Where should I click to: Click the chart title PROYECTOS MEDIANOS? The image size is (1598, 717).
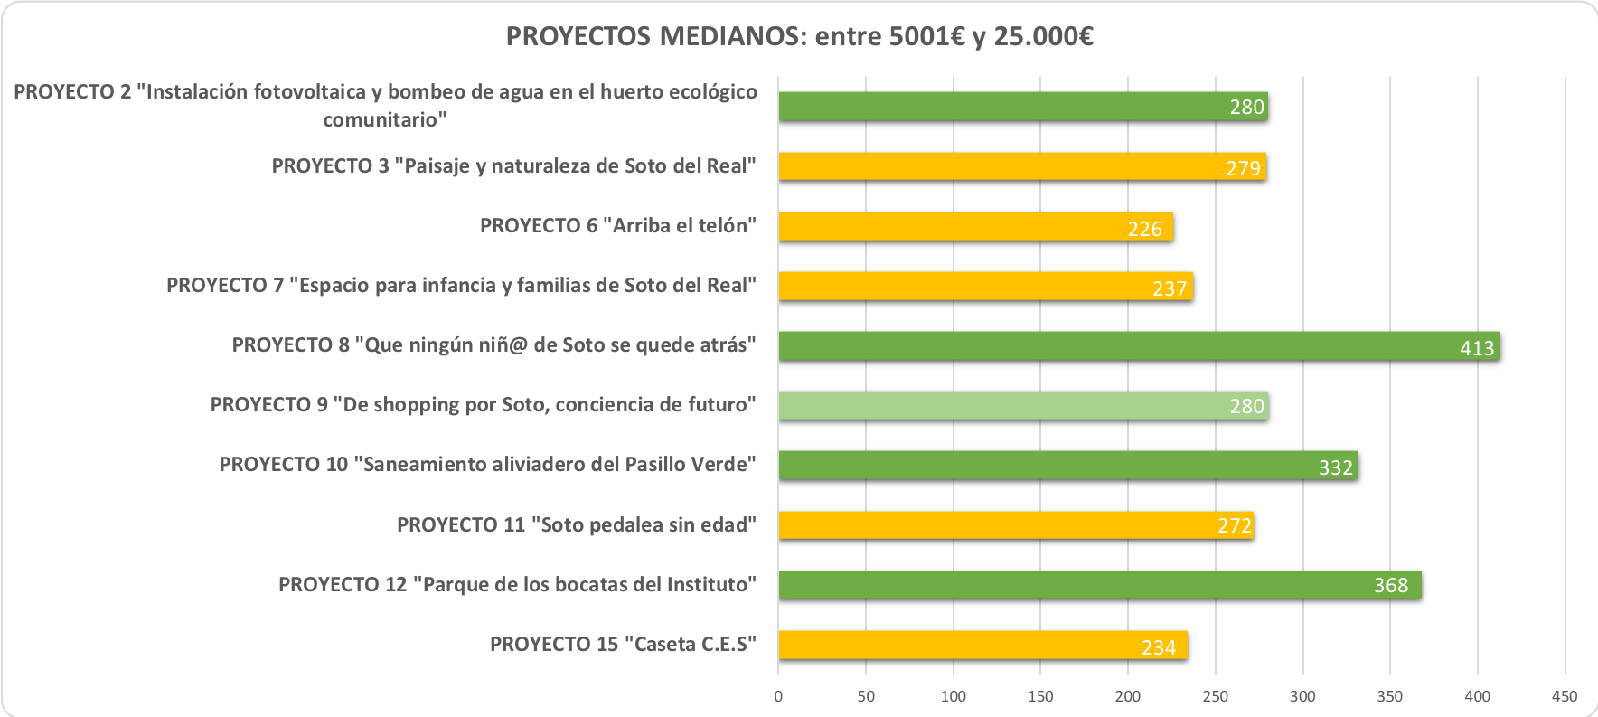pyautogui.click(x=799, y=37)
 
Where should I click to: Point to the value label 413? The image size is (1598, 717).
pyautogui.click(x=1477, y=348)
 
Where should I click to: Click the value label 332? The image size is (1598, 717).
pyautogui.click(x=1336, y=467)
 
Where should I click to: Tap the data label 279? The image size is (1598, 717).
pyautogui.click(x=1244, y=169)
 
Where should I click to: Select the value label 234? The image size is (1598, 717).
pyautogui.click(x=1159, y=647)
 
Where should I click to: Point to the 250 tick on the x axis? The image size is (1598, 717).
pyautogui.click(x=1216, y=696)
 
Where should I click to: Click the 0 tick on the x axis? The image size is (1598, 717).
pyautogui.click(x=778, y=696)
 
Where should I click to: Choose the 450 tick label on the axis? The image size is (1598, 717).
pyautogui.click(x=1565, y=696)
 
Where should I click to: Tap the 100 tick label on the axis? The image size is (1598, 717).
pyautogui.click(x=954, y=696)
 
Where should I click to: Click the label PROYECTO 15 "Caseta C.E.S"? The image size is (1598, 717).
pyautogui.click(x=623, y=645)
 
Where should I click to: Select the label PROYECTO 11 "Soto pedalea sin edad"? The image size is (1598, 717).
pyautogui.click(x=576, y=525)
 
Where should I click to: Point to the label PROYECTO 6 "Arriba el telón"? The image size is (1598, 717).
pyautogui.click(x=617, y=226)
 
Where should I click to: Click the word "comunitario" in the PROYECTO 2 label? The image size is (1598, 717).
pyautogui.click(x=385, y=119)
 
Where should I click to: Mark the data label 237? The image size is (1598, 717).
pyautogui.click(x=1170, y=288)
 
